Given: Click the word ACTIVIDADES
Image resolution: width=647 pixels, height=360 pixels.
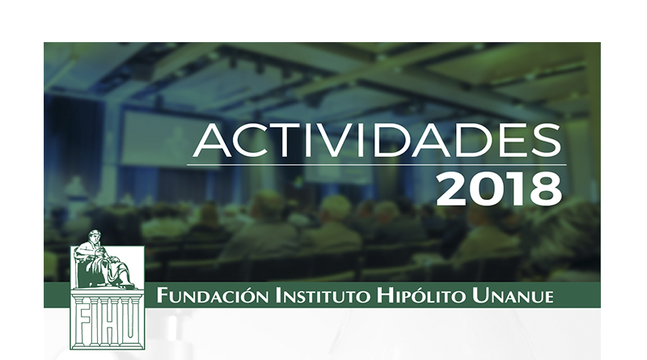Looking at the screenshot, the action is click(x=377, y=141).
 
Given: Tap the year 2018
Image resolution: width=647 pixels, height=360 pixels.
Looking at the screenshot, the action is click(x=499, y=190).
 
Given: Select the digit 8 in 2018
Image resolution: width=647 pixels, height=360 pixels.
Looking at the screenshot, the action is click(x=547, y=190).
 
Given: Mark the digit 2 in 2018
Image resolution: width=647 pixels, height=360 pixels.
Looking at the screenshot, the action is click(x=451, y=190).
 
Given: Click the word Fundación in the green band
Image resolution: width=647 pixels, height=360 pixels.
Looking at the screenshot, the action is click(x=213, y=295).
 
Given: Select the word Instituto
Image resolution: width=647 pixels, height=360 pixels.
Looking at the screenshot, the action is click(x=322, y=296).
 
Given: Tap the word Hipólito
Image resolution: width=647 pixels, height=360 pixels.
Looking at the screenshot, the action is click(x=421, y=295).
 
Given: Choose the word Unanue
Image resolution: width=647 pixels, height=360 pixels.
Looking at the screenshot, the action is click(x=513, y=296).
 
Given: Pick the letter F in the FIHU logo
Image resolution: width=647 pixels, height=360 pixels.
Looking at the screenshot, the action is click(x=84, y=322).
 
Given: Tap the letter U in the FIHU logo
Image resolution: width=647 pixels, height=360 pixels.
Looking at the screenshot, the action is click(x=130, y=323).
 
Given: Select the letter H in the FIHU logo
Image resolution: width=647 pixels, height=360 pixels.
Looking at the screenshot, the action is click(x=112, y=322).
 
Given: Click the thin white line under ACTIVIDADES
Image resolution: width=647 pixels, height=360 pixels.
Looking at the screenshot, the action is click(x=376, y=165).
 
